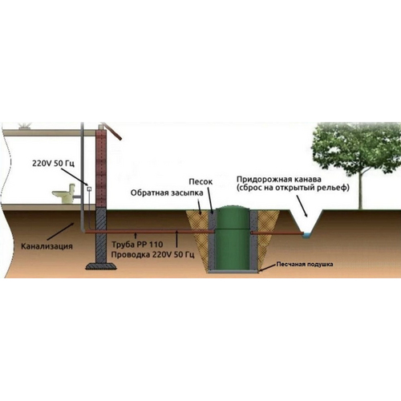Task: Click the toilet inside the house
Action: click(x=63, y=194)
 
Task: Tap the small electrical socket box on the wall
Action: click(x=89, y=189)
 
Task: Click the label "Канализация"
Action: click(x=47, y=246)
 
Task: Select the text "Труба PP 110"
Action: click(x=137, y=244)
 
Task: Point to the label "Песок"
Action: click(x=200, y=182)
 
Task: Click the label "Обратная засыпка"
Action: click(x=167, y=192)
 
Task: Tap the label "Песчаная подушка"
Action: click(x=305, y=265)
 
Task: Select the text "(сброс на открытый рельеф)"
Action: click(x=293, y=188)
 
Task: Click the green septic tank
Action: click(x=232, y=238)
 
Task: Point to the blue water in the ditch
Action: click(x=307, y=235)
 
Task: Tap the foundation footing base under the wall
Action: click(x=101, y=266)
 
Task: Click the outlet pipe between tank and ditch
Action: click(x=277, y=233)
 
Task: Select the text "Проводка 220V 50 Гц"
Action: click(x=152, y=254)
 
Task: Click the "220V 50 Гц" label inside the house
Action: click(x=53, y=163)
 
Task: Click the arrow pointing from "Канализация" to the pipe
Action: click(x=61, y=231)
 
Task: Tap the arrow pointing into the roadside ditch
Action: click(x=302, y=206)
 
